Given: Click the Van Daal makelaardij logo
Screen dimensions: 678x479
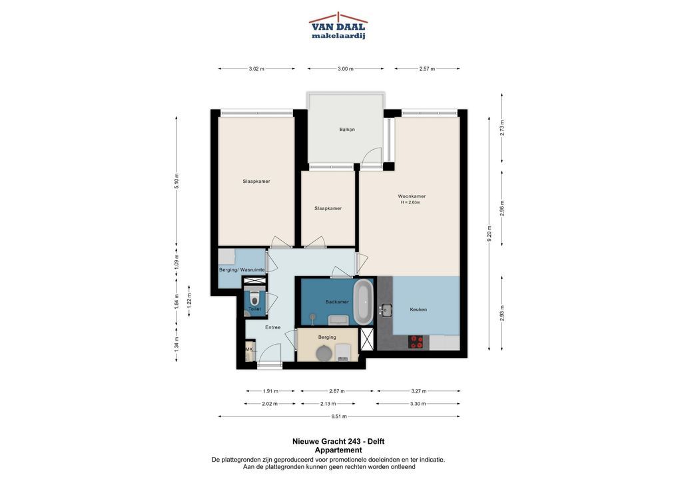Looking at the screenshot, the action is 338,26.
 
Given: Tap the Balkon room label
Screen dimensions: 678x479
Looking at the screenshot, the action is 347,130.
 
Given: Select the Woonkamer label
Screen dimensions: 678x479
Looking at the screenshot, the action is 412,196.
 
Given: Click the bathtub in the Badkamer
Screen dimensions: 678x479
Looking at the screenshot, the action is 363,302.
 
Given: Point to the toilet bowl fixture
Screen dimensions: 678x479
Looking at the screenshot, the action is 254,298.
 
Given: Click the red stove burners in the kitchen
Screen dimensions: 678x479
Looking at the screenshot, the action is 416,342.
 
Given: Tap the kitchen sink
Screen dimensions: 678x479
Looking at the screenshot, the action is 385,310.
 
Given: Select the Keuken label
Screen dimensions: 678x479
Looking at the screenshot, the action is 418,310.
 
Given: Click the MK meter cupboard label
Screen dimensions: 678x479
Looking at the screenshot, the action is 248,349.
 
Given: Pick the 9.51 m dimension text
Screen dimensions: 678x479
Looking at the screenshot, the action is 339,416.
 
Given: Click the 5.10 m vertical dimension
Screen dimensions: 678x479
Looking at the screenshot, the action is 176,181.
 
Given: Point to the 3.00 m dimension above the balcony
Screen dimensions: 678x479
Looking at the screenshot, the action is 346,69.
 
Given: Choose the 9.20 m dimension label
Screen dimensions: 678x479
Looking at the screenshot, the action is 489,234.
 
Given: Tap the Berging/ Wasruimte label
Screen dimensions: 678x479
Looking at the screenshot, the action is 242,270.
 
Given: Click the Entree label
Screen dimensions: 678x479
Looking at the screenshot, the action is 273,327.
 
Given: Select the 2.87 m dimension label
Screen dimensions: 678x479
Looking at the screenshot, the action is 337,391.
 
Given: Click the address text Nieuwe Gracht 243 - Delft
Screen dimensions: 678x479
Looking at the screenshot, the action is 338,442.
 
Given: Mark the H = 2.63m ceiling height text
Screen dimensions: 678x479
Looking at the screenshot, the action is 410,202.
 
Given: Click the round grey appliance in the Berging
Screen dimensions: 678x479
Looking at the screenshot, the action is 324,353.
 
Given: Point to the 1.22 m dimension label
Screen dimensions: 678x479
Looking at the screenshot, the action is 189,301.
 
